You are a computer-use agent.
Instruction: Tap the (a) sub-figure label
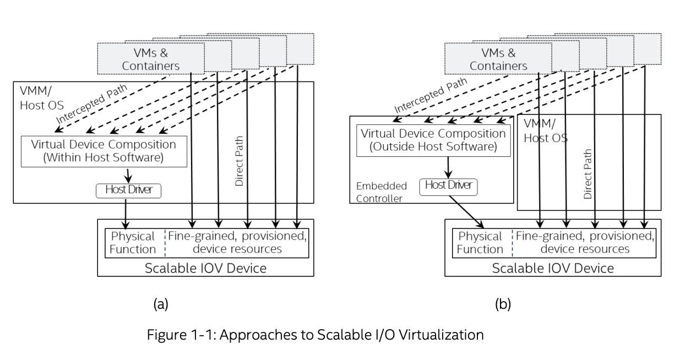coord(161,304)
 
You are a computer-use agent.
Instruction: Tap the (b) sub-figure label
coord(503,304)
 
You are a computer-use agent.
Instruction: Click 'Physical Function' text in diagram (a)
coord(134,242)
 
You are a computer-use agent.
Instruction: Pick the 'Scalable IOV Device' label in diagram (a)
coord(205,268)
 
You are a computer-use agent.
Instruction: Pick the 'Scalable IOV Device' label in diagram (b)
coord(552,268)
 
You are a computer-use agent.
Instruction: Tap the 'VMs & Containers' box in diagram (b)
coord(497,59)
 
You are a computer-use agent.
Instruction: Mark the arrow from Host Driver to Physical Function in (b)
coord(464,209)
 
